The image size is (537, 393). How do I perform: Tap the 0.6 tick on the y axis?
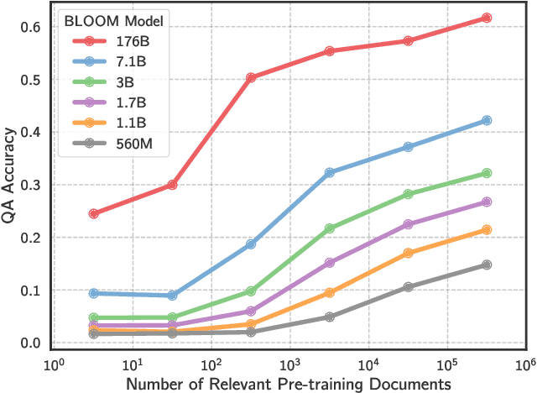click(x=32, y=27)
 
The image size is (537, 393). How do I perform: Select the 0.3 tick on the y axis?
click(x=32, y=185)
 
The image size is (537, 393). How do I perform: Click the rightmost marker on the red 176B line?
click(x=487, y=18)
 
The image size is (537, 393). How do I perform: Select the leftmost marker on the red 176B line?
click(x=93, y=213)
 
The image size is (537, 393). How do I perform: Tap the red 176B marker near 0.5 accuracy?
click(x=251, y=77)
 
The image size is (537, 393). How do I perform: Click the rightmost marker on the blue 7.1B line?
click(x=487, y=121)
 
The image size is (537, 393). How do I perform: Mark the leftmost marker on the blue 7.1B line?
click(x=93, y=293)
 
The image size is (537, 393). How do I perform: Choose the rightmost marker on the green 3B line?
click(x=487, y=173)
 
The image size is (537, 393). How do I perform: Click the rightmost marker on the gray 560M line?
click(x=487, y=265)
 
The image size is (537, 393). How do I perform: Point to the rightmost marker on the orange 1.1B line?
click(x=487, y=230)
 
